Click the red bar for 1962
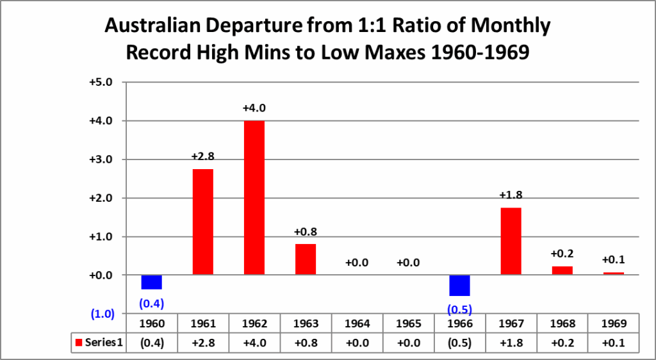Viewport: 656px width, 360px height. (x=254, y=197)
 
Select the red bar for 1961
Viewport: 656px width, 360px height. (x=202, y=222)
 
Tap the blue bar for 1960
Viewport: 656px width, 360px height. (x=151, y=282)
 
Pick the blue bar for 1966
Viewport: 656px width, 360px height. (x=459, y=285)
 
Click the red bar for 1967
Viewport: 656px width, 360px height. (x=511, y=241)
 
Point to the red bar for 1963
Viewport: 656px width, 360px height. (x=306, y=259)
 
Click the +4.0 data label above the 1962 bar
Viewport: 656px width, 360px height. (x=254, y=108)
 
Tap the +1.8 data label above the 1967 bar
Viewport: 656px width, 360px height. (x=511, y=195)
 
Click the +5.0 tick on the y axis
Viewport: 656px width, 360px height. (x=100, y=82)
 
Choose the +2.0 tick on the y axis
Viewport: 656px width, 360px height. (x=100, y=198)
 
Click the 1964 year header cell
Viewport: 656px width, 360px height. (x=357, y=323)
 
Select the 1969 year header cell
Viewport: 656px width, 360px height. (x=614, y=323)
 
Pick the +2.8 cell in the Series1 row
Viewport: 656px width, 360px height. (x=202, y=342)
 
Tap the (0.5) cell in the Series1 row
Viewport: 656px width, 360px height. (x=459, y=342)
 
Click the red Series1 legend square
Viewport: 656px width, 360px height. (x=79, y=342)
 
